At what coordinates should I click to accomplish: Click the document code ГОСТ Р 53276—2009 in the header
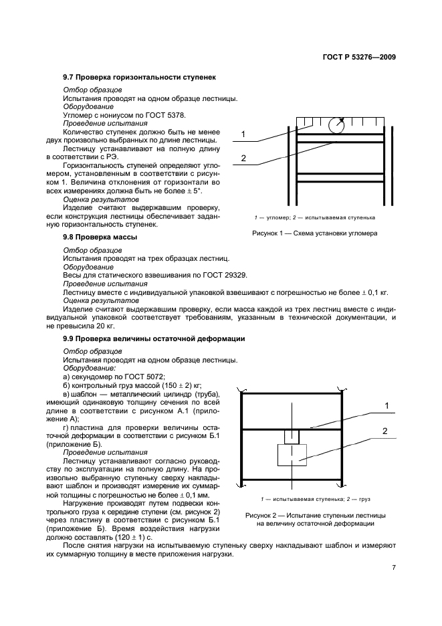358,57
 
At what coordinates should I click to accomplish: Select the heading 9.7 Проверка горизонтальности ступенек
134,79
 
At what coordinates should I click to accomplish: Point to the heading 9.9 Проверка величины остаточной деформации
154,339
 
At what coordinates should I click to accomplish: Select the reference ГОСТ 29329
203,274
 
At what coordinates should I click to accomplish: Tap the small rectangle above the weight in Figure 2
292,436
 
